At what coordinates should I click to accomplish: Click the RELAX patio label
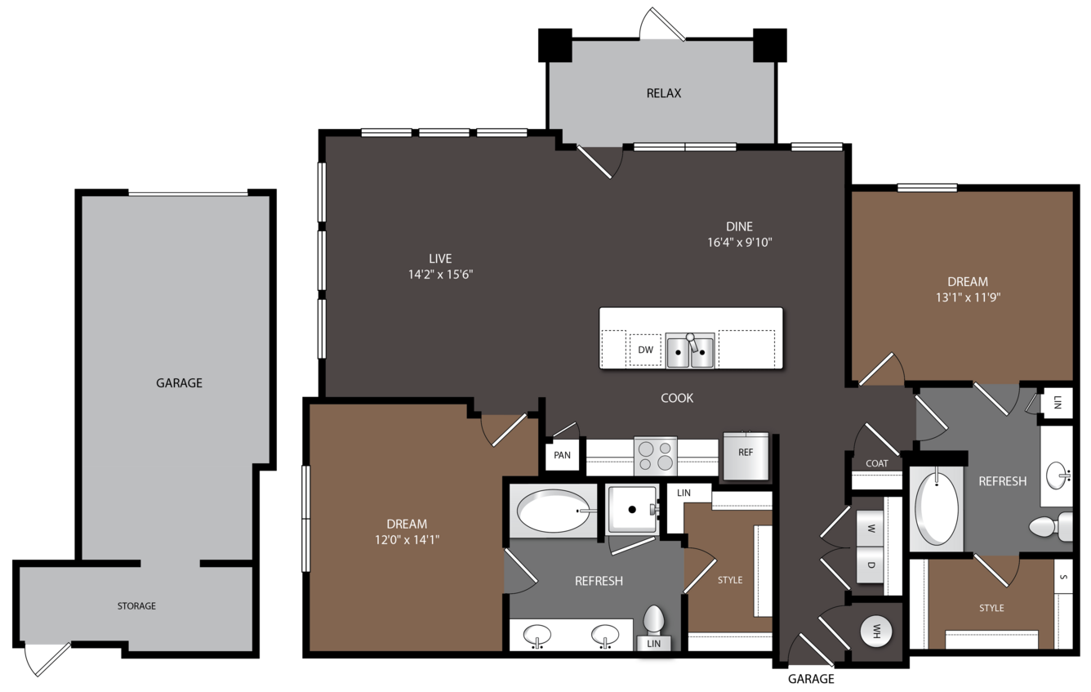(663, 93)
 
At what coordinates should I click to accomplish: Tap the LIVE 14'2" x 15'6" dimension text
(440, 275)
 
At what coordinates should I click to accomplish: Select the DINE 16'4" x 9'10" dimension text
(739, 242)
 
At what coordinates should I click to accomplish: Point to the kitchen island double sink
(690, 350)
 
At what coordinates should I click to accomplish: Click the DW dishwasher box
(645, 350)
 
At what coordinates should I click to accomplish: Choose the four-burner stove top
(655, 456)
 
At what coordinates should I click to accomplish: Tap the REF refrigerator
(746, 456)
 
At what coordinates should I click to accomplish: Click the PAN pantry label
(562, 455)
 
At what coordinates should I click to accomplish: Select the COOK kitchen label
(677, 398)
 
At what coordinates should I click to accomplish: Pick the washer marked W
(871, 529)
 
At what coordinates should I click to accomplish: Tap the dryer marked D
(871, 565)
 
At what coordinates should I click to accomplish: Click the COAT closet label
(877, 463)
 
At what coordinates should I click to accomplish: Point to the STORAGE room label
(136, 605)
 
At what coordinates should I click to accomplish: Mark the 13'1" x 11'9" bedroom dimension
(968, 297)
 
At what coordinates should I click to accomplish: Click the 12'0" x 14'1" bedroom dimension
(407, 540)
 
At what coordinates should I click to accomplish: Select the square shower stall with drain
(632, 509)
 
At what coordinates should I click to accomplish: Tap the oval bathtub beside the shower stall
(554, 511)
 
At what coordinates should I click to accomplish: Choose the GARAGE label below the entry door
(811, 679)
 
